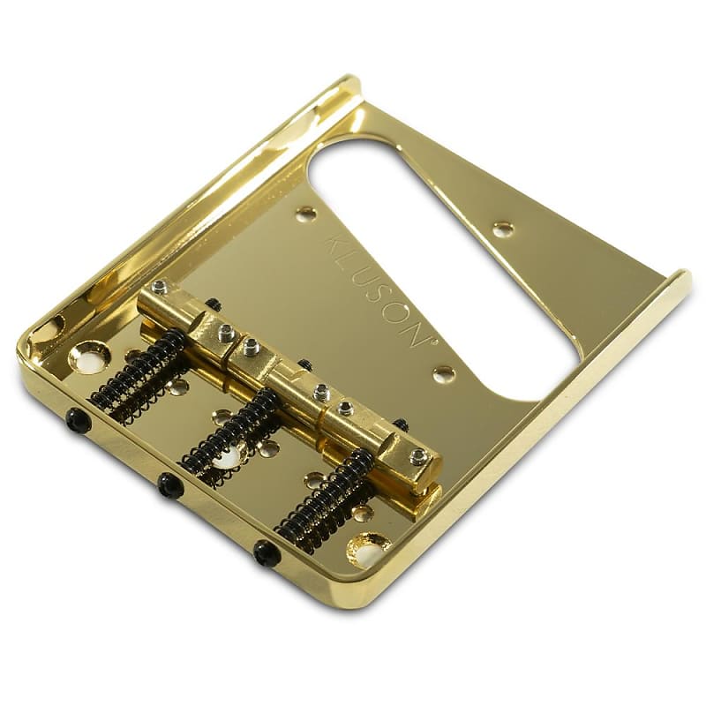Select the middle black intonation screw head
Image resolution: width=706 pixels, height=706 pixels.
(169, 484)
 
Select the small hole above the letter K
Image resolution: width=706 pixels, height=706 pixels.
(307, 214)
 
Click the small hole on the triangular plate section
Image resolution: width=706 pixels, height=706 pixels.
(503, 229)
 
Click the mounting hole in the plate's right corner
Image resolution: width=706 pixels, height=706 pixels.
(369, 549)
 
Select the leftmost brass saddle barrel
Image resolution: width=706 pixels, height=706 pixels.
(181, 315)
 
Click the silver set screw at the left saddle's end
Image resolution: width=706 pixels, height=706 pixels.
(160, 287)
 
